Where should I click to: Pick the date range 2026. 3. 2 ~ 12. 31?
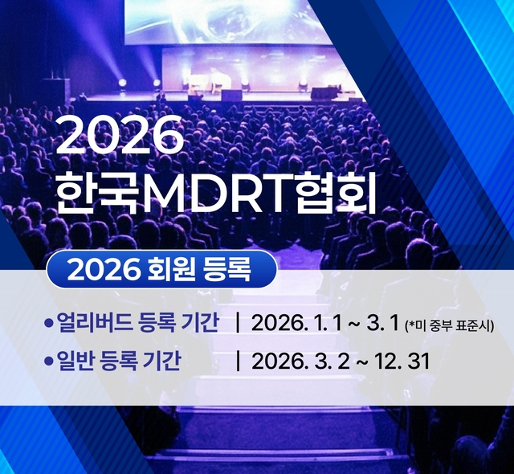pos(341,362)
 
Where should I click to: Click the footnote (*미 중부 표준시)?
pos(451,325)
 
